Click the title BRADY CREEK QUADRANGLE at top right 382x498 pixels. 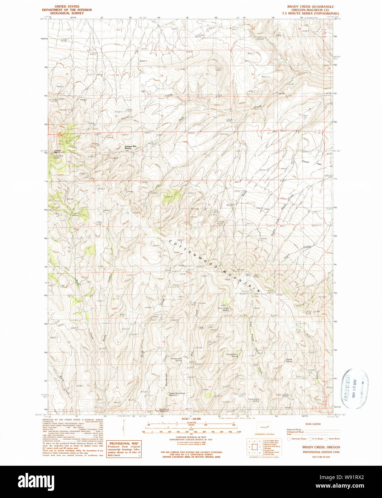310,6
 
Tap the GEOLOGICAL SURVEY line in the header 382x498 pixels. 67,13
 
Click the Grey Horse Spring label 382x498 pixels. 223,308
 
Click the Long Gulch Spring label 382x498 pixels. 253,400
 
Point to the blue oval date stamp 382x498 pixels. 354,389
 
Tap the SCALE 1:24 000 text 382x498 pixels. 191,419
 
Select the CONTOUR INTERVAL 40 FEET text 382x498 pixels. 191,437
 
